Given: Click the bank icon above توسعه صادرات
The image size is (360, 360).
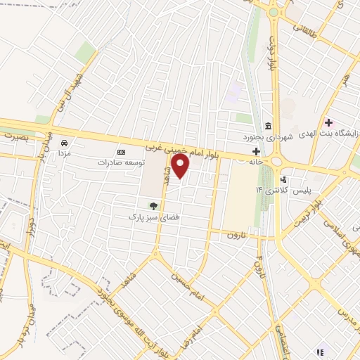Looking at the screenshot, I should pos(121,151).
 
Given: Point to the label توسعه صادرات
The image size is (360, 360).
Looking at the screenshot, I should pos(121,162).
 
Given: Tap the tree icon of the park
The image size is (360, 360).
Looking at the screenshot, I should pos(153,206).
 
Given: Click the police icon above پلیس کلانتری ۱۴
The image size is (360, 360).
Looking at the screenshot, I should pos(283,179).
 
